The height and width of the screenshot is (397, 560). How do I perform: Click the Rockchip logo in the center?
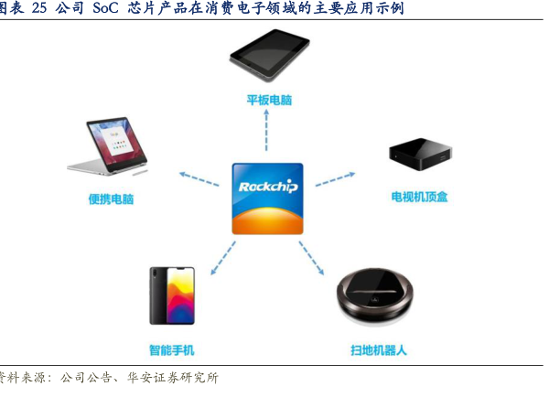coord(268,198)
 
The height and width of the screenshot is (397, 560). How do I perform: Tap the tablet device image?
coord(269,53)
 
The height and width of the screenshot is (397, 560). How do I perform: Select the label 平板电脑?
coord(269,100)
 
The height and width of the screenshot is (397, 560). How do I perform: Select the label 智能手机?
coord(171,349)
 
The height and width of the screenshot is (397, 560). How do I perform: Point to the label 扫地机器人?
coord(378,349)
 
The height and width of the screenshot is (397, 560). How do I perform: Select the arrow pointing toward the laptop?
coord(199,178)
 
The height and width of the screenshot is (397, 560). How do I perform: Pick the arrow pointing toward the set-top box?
coord(337,177)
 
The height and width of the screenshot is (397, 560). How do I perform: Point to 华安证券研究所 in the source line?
coord(178,378)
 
